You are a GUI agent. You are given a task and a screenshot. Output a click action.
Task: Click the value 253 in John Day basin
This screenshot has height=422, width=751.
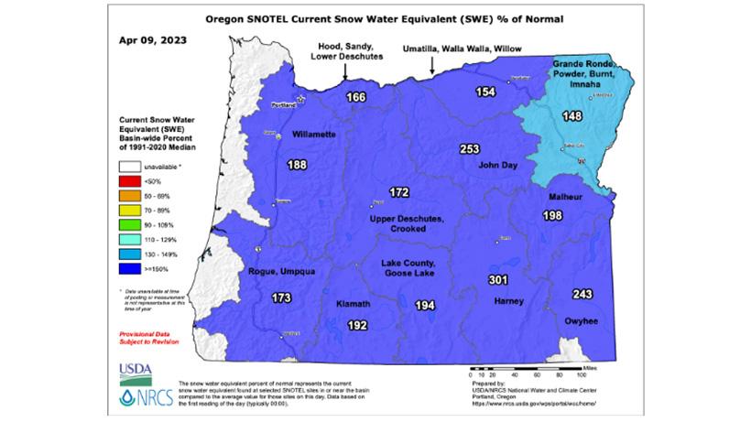pos(469,149)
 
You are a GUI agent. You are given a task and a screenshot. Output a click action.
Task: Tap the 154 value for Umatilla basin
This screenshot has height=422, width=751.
pos(485,92)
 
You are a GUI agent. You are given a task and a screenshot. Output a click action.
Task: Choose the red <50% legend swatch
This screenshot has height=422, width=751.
pos(126,183)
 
